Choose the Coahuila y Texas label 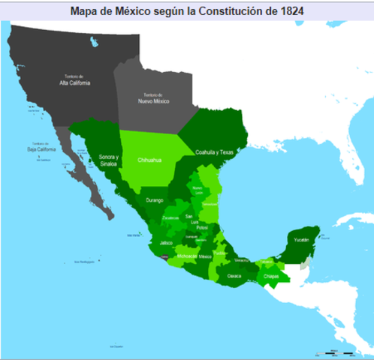click(215, 151)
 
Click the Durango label click(155, 200)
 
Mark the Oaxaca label click(234, 275)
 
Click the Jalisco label click(167, 243)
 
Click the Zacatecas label click(170, 217)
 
